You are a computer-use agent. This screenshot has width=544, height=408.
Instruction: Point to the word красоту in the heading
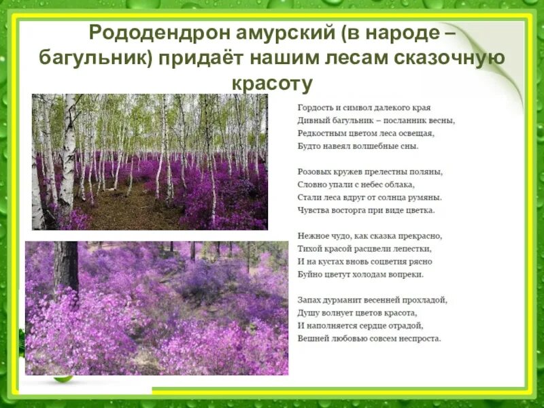272,84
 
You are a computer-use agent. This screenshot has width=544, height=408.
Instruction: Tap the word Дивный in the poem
312,120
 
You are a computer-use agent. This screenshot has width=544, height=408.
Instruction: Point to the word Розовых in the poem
314,172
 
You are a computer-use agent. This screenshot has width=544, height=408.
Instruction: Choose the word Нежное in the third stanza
313,236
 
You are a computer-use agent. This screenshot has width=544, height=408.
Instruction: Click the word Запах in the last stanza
310,300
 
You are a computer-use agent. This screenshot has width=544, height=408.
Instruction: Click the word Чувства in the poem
313,210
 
